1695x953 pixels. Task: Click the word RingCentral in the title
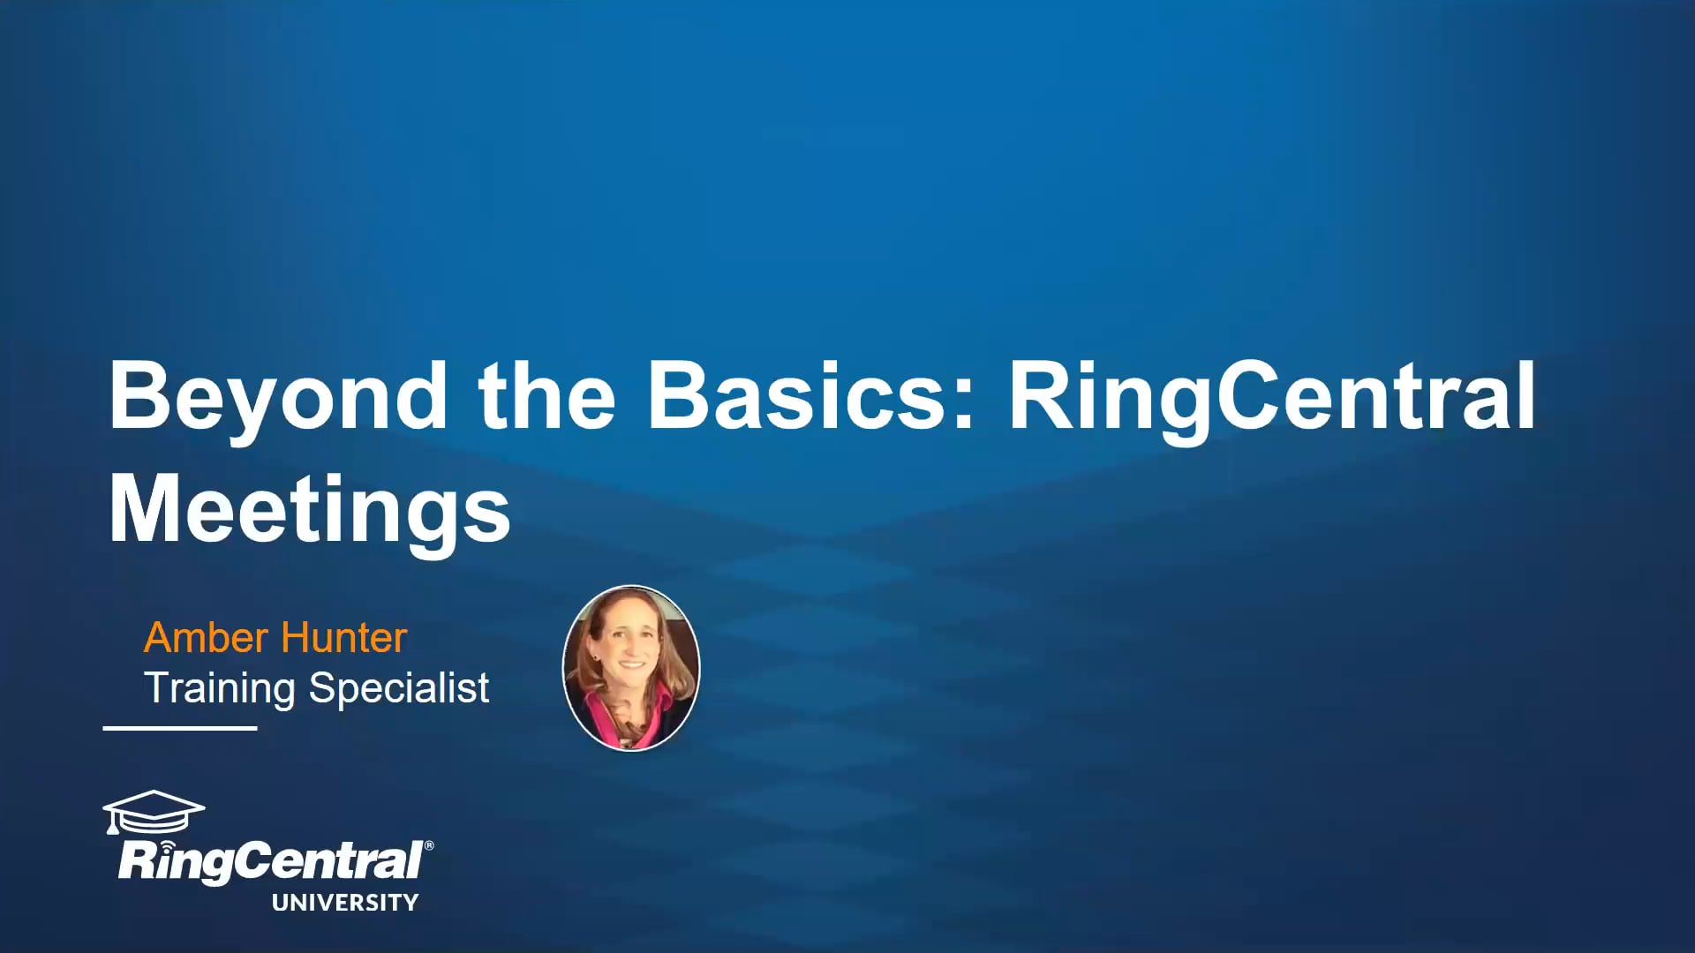click(x=1271, y=397)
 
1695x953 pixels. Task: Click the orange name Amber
click(x=206, y=637)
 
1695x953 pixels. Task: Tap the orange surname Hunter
click(x=343, y=637)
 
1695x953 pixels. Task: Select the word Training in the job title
click(x=220, y=688)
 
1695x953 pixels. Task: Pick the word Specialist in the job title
click(x=399, y=688)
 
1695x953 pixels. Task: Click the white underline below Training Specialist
click(x=180, y=728)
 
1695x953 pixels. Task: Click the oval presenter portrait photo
click(x=631, y=667)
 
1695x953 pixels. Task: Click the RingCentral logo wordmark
click(x=270, y=860)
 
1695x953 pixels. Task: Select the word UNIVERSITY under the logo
click(x=345, y=902)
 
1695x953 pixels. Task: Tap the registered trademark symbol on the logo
click(x=429, y=845)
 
